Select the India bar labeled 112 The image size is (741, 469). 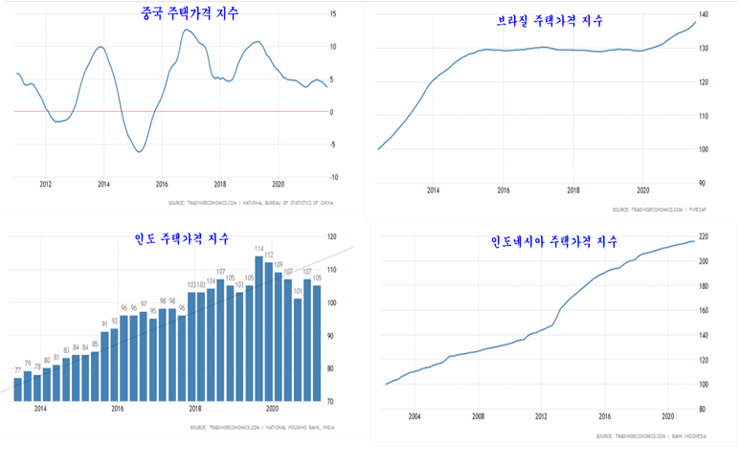point(269,331)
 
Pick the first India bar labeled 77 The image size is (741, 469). point(17,389)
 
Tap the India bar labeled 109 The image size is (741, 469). point(279,336)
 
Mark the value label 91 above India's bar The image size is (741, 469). point(104,324)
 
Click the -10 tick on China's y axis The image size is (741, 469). point(332,177)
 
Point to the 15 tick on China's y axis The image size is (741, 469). point(332,14)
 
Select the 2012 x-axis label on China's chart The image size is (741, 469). point(45,184)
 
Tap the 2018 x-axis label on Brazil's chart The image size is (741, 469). point(573,190)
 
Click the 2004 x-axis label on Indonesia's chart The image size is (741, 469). point(415,416)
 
